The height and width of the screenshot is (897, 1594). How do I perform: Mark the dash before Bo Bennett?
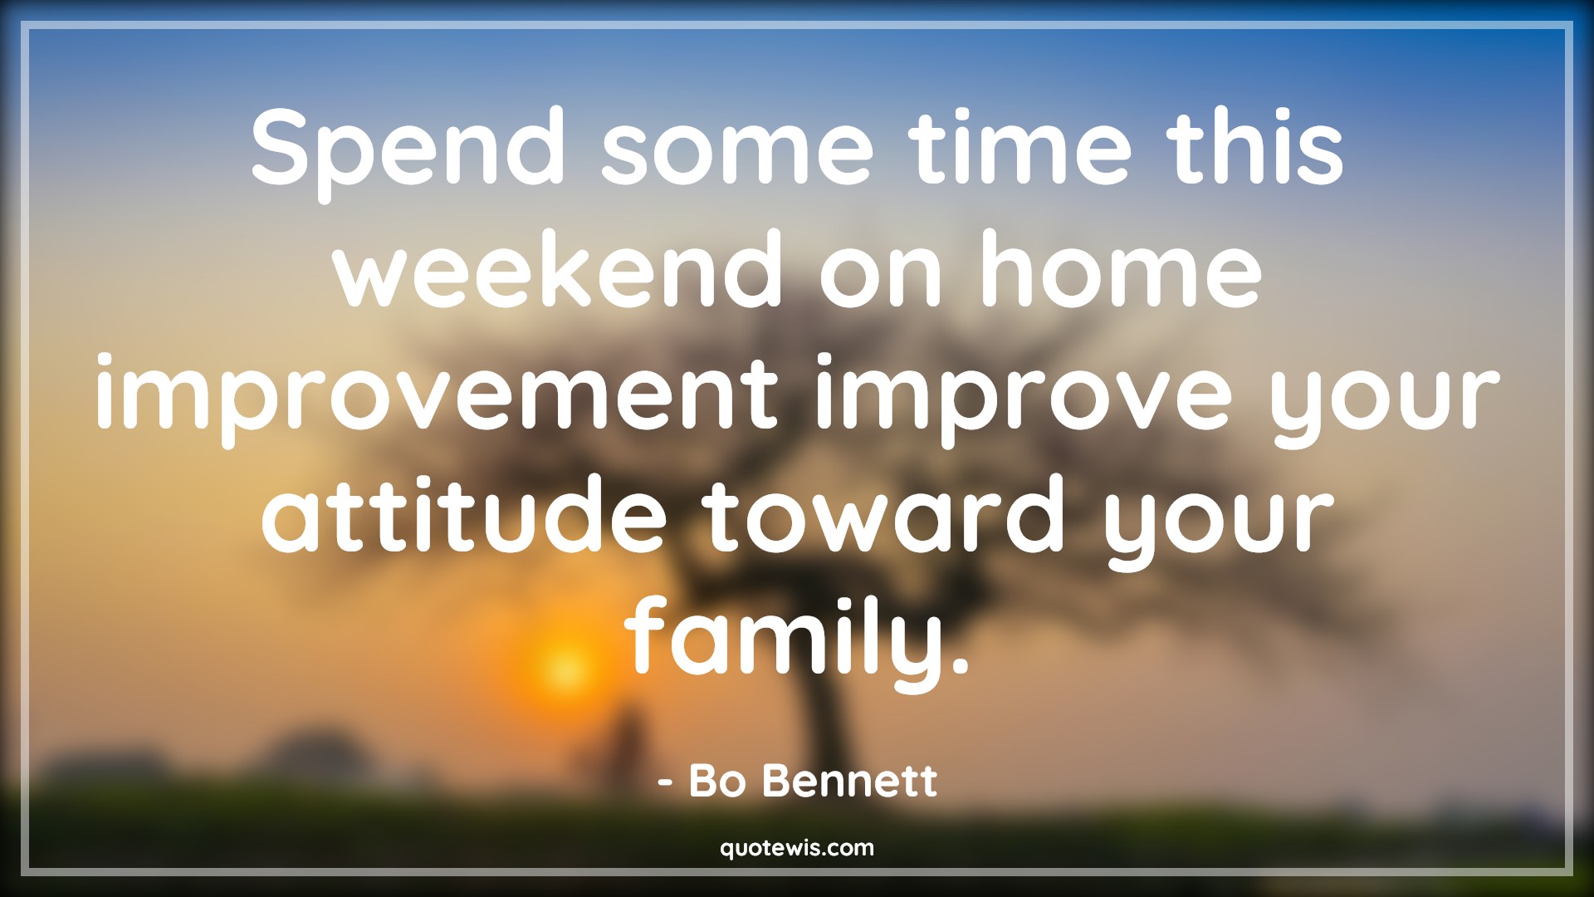pos(665,783)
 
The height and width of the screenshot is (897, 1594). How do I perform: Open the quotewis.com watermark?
pos(797,848)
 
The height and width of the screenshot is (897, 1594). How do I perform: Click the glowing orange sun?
pos(564,667)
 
